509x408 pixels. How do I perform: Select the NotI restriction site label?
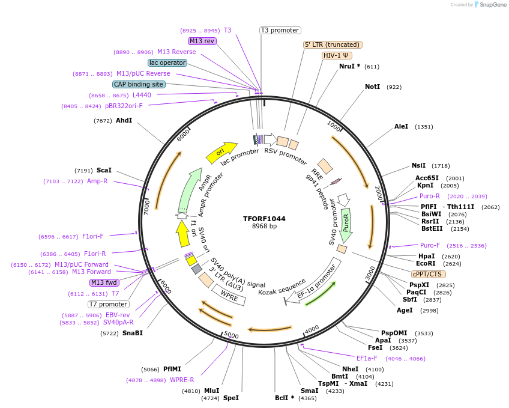372,87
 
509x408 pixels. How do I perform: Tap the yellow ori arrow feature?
221,154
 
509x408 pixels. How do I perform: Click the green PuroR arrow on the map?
346,222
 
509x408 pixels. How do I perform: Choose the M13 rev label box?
202,41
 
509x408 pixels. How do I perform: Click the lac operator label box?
167,62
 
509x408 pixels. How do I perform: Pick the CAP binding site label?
139,85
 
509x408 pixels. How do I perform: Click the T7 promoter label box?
109,304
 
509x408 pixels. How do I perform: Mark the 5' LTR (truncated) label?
333,44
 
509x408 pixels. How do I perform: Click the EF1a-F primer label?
367,358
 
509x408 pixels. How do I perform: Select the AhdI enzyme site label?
124,121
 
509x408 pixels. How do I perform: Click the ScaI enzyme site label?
104,171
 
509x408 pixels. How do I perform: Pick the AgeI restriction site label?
405,310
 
